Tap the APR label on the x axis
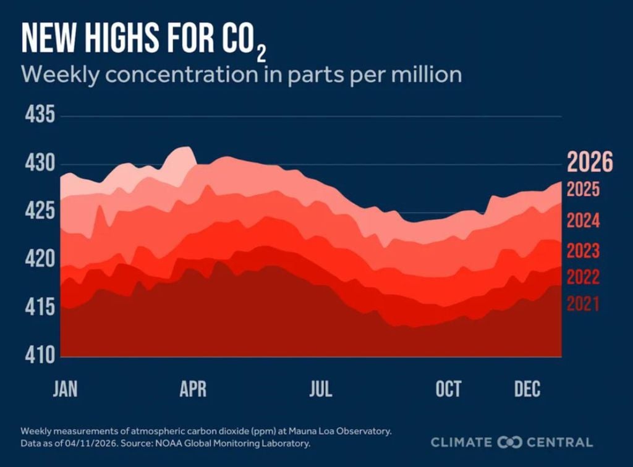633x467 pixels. (193, 390)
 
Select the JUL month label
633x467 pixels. (320, 390)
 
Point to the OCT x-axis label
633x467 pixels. (448, 390)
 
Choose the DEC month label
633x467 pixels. (527, 390)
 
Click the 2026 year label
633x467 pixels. (590, 163)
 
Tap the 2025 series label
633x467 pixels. (584, 189)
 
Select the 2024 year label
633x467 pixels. (584, 221)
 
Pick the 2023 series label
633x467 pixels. (584, 251)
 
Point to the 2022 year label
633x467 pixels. (584, 277)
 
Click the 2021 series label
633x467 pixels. (584, 304)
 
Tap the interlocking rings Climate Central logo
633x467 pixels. (511, 442)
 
